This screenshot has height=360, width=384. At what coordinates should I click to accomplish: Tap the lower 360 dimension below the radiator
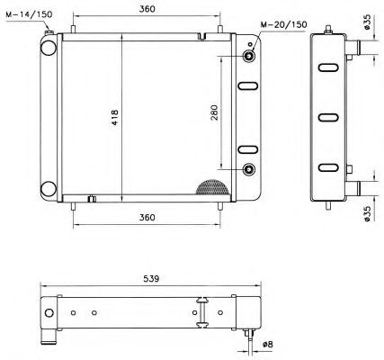pos(149,218)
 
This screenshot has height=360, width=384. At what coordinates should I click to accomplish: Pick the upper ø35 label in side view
pos(370,22)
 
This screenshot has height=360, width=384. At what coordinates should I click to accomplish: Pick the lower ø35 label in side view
pos(370,211)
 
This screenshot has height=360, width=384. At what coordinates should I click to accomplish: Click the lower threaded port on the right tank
pos(249,170)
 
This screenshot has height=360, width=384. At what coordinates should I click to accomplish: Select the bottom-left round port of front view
pos(49,189)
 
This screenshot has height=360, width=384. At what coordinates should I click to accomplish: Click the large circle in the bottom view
pos(50,313)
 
